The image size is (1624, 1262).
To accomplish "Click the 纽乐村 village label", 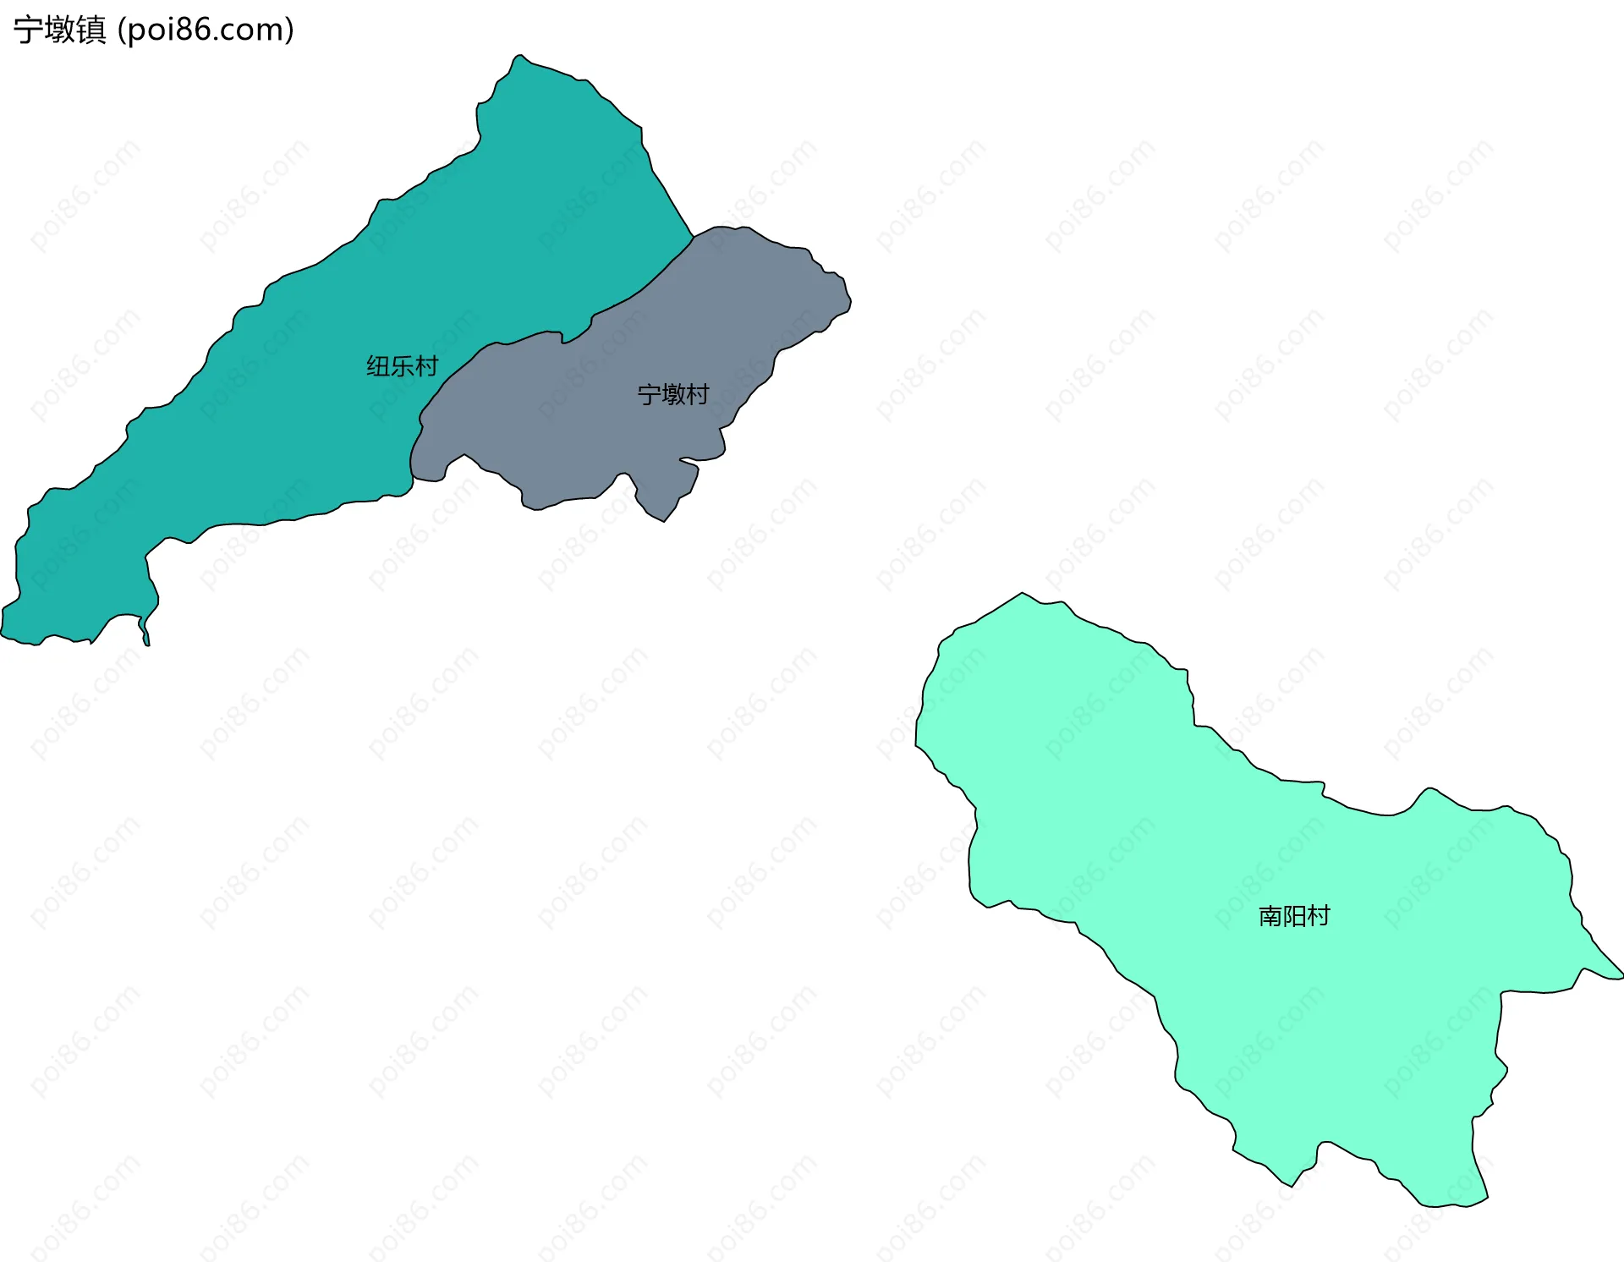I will (x=402, y=366).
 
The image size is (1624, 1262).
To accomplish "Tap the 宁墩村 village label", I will (x=672, y=394).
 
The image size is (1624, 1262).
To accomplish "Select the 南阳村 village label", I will (x=1294, y=916).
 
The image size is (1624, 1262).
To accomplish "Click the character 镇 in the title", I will (x=91, y=30).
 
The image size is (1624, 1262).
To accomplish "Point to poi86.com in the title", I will (x=206, y=30).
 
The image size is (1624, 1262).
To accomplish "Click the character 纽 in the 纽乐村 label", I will (x=378, y=366).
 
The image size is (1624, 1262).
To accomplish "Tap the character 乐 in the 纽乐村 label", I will (x=402, y=366).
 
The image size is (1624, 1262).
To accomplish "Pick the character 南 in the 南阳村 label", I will (x=1270, y=916).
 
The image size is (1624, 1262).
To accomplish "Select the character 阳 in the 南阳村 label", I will (x=1294, y=916).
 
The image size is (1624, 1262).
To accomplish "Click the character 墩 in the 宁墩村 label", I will (x=673, y=394).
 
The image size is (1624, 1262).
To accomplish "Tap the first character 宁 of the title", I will (x=29, y=30).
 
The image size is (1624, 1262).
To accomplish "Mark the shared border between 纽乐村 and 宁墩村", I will (x=541, y=334).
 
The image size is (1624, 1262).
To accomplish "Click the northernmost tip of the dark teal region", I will (x=519, y=56).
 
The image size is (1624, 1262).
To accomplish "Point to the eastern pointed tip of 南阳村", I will (x=1621, y=976).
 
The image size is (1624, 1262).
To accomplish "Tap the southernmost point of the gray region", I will (x=663, y=520).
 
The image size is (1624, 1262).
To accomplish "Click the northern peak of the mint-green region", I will (x=1022, y=594).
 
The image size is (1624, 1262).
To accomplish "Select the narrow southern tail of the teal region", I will (x=146, y=639).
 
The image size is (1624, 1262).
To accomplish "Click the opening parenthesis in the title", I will (x=122, y=30).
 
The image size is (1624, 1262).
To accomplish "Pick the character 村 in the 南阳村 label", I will (x=1319, y=916).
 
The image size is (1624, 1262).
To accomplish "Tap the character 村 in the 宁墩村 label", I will (x=698, y=394).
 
